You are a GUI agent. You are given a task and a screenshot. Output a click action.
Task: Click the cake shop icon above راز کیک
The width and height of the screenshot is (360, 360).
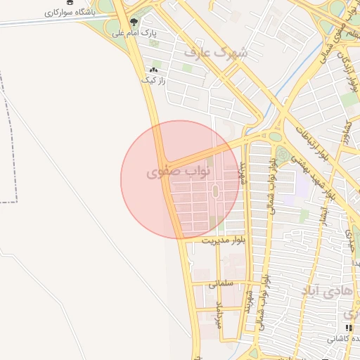tap(153, 70)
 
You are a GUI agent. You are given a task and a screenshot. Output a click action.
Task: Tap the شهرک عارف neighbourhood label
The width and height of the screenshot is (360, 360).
tap(217, 52)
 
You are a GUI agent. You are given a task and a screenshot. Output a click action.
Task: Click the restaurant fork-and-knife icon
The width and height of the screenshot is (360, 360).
tap(348, 328)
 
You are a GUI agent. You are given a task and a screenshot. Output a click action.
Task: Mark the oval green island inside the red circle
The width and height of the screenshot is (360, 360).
tap(216, 191)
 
